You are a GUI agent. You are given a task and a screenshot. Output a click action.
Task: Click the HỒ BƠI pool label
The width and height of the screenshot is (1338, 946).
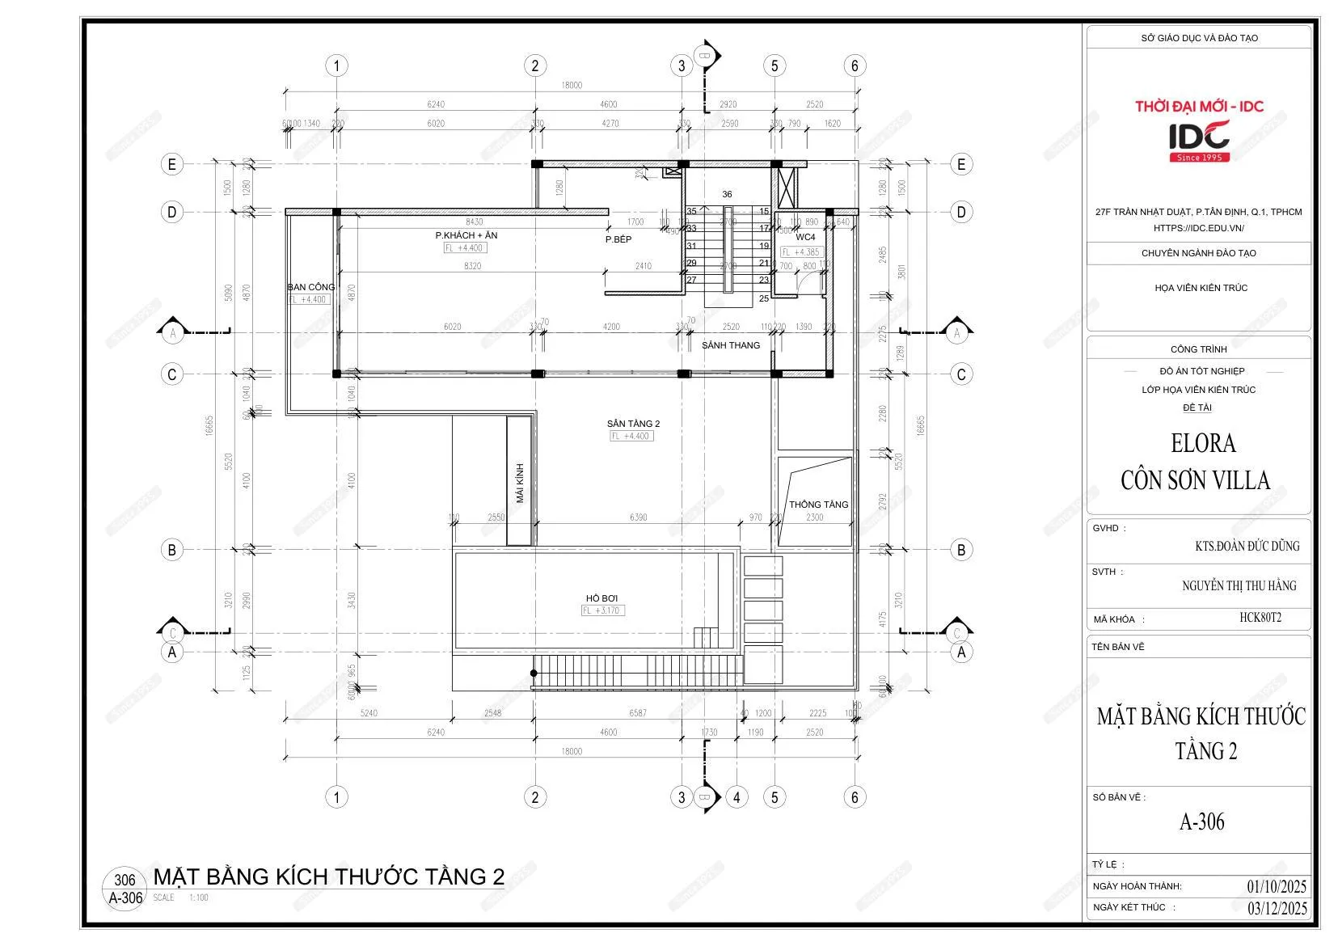coord(601,598)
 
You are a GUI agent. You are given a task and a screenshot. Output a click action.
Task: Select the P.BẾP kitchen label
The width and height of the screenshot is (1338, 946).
coord(618,239)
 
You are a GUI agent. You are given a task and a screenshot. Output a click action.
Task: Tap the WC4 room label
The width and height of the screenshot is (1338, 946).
coord(805,238)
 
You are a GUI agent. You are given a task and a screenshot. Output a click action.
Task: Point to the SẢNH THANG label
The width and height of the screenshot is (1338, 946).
coord(731,345)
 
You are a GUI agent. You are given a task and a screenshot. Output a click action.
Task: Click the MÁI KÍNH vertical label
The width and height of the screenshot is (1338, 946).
coord(520,483)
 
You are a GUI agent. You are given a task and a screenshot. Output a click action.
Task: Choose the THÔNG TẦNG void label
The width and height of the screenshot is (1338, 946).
coord(818,505)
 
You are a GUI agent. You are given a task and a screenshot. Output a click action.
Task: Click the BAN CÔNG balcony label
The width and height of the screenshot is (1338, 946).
coord(310,287)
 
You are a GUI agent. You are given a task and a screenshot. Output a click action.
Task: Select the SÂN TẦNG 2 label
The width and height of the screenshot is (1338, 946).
coord(633,424)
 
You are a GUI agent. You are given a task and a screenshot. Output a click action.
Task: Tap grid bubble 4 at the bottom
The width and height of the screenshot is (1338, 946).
coord(736,797)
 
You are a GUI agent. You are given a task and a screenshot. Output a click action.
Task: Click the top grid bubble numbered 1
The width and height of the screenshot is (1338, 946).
coord(336,65)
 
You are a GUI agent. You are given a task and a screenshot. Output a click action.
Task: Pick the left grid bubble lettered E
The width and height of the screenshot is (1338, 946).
coord(171,165)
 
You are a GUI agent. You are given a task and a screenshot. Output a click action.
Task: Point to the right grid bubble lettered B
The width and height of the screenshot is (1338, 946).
coord(960,551)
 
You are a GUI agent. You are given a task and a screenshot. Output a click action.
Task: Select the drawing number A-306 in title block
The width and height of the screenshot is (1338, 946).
coord(1201,822)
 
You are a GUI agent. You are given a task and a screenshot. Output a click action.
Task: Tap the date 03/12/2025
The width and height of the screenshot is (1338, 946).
coord(1277,907)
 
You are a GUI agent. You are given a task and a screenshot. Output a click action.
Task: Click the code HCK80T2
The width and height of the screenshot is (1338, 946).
coord(1260,618)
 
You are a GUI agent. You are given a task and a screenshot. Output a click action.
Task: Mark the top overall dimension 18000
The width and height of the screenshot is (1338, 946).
coord(571,85)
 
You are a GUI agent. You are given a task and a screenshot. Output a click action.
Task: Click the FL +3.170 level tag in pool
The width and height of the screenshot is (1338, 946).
coord(602,610)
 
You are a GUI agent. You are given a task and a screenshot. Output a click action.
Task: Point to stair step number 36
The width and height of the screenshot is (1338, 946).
coord(727,194)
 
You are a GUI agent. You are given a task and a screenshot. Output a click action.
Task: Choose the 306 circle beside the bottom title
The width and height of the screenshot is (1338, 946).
coord(125,881)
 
